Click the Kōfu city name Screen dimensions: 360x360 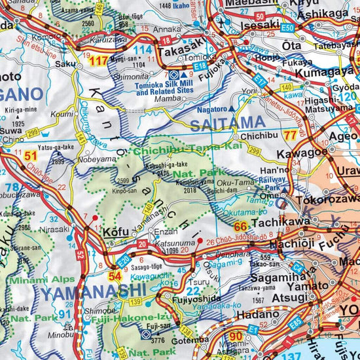click(x=117, y=231)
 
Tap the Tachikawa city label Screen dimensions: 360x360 click(x=281, y=223)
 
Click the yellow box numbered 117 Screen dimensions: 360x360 click(x=99, y=61)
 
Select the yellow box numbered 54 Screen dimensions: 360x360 click(x=116, y=276)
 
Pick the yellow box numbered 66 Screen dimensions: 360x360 click(x=240, y=226)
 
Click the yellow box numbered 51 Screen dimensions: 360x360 click(x=31, y=156)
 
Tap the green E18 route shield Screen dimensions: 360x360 click(x=201, y=66)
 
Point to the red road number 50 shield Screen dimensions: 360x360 click(x=261, y=16)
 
